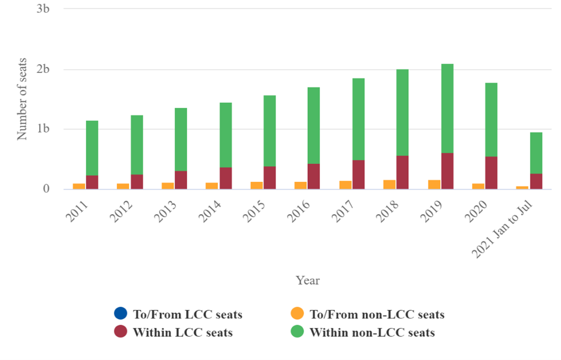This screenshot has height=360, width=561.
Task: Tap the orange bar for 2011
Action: [x=79, y=186]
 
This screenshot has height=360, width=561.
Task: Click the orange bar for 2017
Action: [x=345, y=185]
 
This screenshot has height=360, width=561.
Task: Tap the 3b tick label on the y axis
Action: [x=43, y=10]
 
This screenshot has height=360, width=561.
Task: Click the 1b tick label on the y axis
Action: [x=43, y=129]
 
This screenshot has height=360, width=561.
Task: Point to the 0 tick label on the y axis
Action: [x=47, y=189]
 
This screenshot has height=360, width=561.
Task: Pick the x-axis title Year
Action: [x=308, y=281]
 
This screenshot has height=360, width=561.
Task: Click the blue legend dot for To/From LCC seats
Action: [x=120, y=314]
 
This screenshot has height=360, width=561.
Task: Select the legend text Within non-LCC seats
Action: [x=372, y=333]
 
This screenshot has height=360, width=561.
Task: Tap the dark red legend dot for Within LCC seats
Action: [x=120, y=332]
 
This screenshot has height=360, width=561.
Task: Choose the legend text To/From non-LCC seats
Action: [x=377, y=314]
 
